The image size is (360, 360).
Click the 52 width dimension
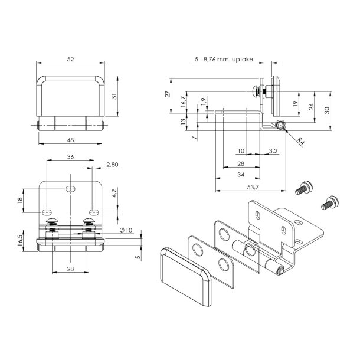click(x=71, y=59)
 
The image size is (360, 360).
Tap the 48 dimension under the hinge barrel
click(x=70, y=140)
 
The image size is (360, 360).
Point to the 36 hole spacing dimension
click(x=70, y=156)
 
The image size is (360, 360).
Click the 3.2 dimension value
click(x=273, y=151)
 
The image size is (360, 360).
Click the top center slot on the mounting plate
click(x=70, y=188)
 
